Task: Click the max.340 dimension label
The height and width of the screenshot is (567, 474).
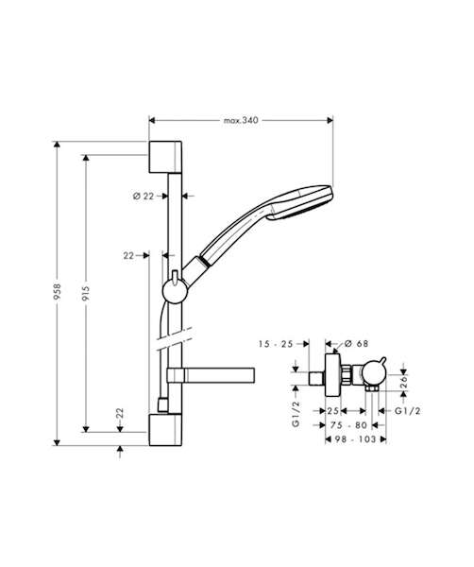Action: (241, 120)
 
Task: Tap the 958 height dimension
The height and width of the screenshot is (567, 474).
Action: (57, 292)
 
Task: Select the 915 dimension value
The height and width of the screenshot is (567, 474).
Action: (86, 293)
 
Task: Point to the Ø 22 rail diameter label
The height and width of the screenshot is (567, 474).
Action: (144, 196)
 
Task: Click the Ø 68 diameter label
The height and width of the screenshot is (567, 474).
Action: (356, 344)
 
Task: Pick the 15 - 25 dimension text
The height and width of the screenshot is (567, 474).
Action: (276, 344)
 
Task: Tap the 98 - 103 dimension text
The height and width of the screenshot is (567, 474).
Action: (355, 439)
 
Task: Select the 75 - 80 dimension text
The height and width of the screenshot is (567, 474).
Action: (348, 425)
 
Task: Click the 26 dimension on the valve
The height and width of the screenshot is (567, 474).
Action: (404, 382)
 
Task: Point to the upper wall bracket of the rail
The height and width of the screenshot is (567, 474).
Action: (165, 157)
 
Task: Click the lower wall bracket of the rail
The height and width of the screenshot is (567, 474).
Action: (165, 430)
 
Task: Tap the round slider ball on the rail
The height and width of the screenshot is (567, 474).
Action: (175, 291)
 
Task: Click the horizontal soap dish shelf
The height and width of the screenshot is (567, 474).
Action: (211, 375)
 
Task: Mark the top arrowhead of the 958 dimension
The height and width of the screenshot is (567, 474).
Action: (57, 145)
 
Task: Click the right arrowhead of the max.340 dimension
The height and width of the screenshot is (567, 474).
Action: (330, 120)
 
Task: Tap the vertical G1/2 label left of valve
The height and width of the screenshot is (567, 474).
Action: (296, 414)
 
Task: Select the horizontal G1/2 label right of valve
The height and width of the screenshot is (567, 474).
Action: (408, 411)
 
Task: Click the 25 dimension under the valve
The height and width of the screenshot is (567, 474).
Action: (332, 411)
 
